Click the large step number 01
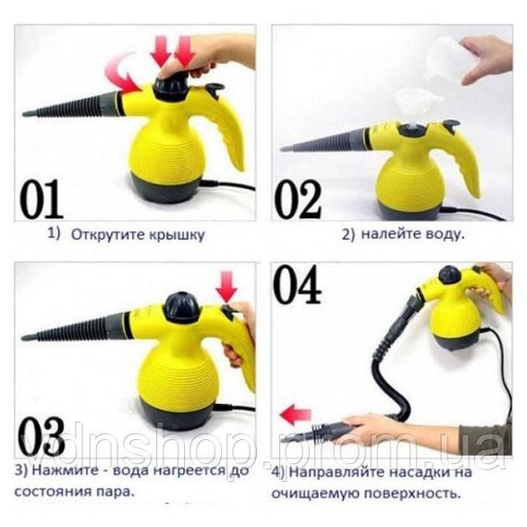coord(42,199)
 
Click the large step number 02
coord(298,200)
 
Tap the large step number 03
coord(42,436)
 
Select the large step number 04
coord(297,284)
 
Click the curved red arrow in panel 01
coord(123,74)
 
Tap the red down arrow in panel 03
coord(227,287)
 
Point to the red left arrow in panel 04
coord(296,414)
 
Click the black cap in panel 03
coord(181,307)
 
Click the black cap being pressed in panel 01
coord(171,87)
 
